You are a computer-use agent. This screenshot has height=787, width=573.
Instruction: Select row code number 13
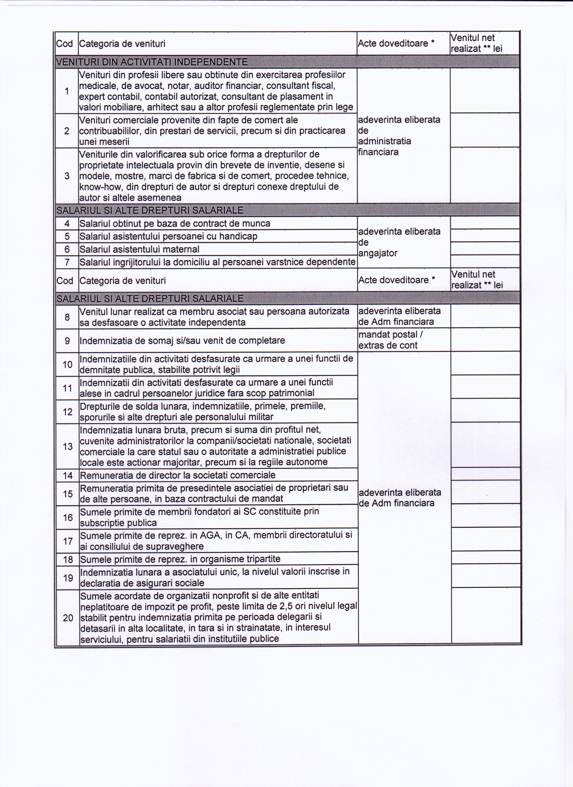tap(68, 446)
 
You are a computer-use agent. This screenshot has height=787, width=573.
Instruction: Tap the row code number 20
tap(68, 618)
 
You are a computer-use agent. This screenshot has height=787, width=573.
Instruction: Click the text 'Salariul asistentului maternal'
tap(139, 249)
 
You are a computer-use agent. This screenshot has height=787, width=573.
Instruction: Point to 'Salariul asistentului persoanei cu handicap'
tap(168, 236)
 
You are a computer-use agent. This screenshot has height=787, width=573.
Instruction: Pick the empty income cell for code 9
tap(485, 340)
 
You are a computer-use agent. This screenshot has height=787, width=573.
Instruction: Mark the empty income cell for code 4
tap(485, 223)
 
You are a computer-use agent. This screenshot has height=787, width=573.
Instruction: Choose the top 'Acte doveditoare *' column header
tap(396, 43)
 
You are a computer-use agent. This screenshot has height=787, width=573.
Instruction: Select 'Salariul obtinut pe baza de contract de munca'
tap(175, 223)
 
